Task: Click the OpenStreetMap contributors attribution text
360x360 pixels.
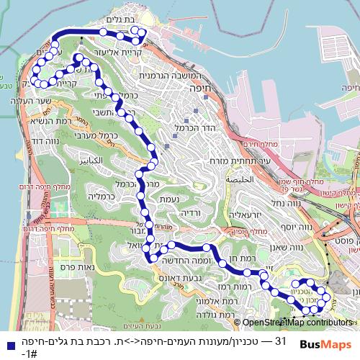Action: click(297, 323)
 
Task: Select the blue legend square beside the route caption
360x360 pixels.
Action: click(7, 339)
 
